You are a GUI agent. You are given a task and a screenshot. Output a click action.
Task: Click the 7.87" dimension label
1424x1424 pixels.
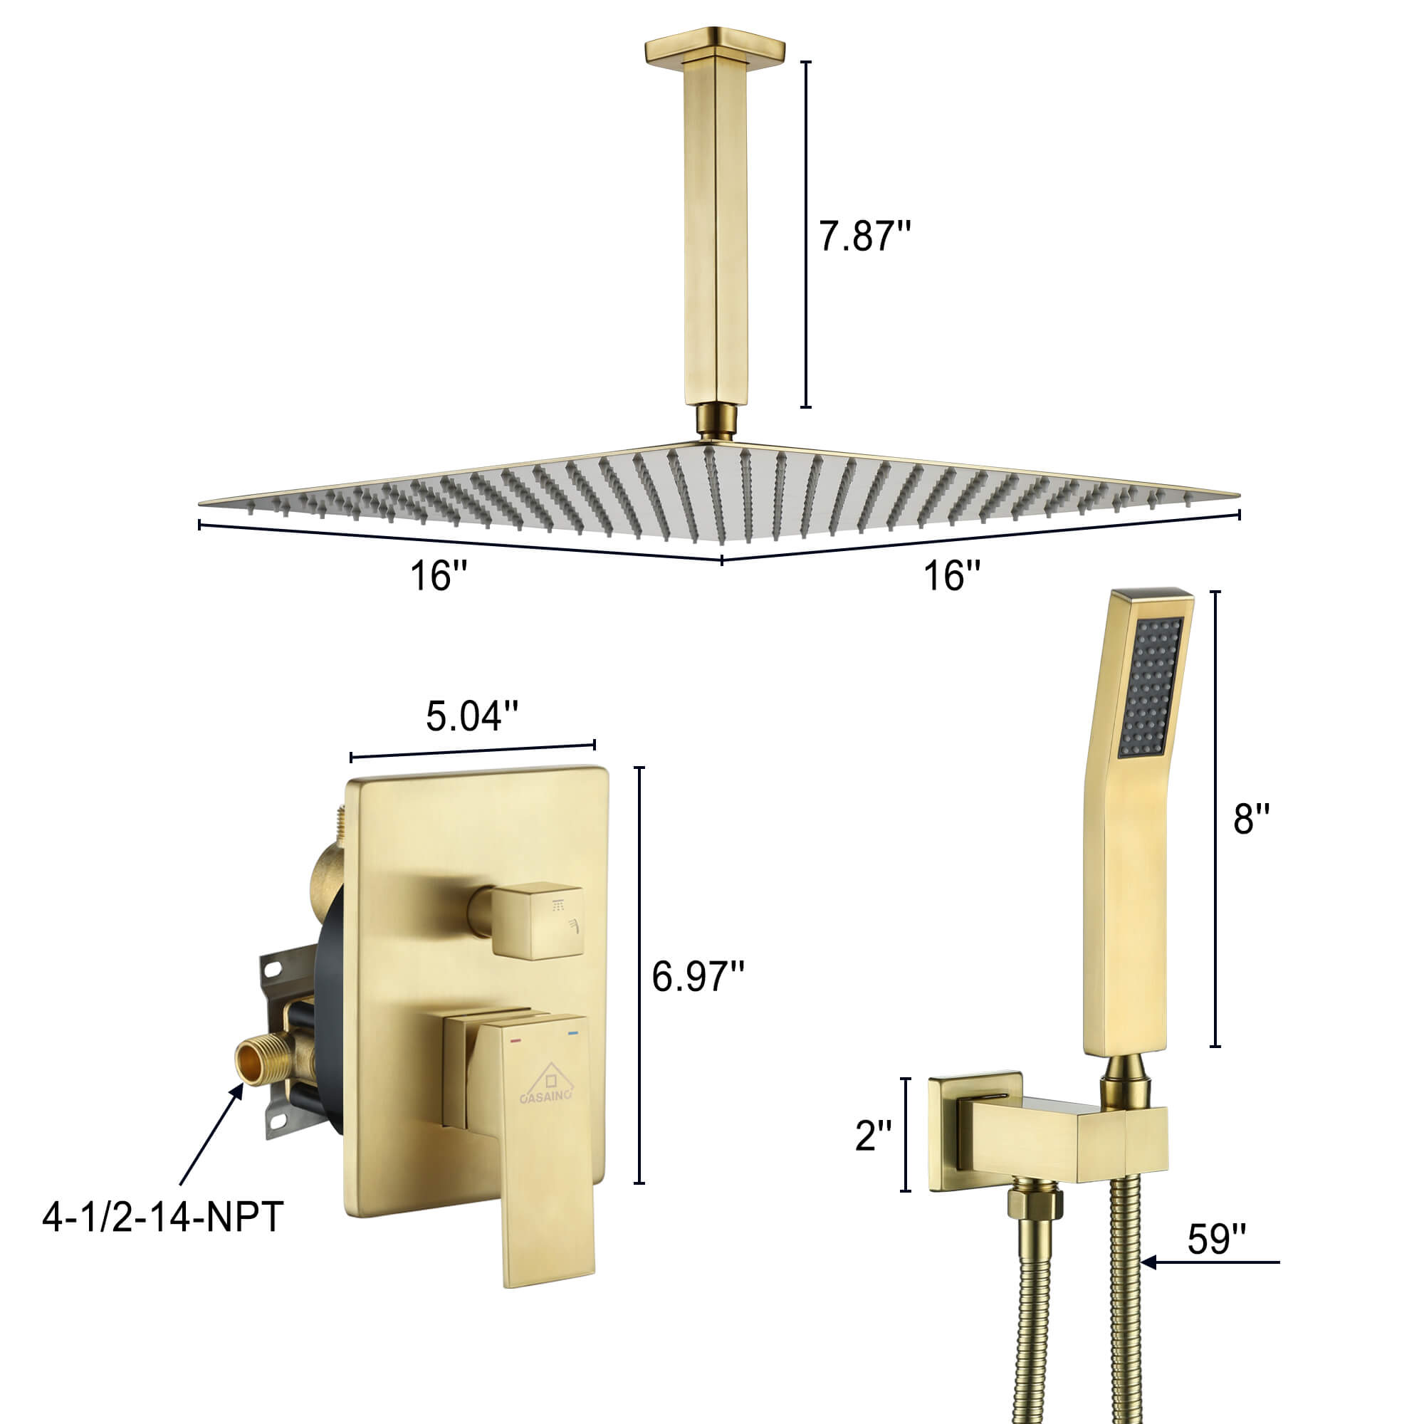(864, 236)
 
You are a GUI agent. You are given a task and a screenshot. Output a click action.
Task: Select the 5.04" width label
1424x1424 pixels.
(472, 716)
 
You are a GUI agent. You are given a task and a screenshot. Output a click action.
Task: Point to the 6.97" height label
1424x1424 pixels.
(697, 978)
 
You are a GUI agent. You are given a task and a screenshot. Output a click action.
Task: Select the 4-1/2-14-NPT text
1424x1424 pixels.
(163, 1217)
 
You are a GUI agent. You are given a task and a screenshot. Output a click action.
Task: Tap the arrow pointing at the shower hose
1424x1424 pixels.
(1209, 1262)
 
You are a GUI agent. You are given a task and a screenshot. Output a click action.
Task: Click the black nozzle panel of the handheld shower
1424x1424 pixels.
(1150, 687)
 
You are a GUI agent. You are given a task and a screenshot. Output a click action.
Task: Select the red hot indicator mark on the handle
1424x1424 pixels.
(515, 1040)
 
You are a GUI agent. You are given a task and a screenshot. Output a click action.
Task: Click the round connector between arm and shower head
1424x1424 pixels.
(715, 422)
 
